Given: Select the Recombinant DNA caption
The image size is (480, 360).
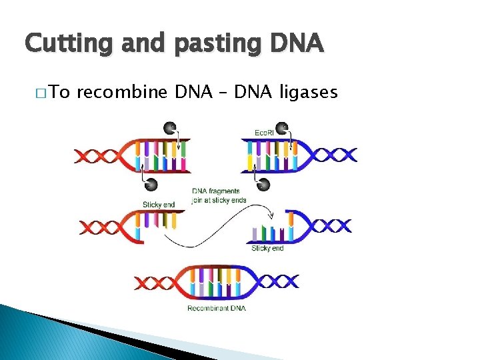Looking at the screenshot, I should click(x=216, y=308).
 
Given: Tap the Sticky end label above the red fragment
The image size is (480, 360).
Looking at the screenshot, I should click(x=159, y=205).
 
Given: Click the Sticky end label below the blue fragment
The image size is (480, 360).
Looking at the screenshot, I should click(x=267, y=249).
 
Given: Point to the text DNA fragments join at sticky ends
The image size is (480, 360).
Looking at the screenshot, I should click(x=219, y=195).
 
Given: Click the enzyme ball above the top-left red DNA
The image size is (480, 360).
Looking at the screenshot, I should click(x=171, y=127).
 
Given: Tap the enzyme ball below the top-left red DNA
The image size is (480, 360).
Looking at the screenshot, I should click(x=151, y=183).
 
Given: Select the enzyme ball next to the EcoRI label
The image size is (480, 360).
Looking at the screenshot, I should click(x=283, y=127).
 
